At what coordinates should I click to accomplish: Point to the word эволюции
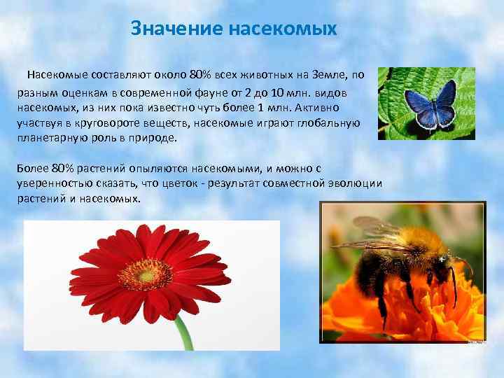(355, 183)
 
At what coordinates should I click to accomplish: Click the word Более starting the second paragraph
(31, 169)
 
